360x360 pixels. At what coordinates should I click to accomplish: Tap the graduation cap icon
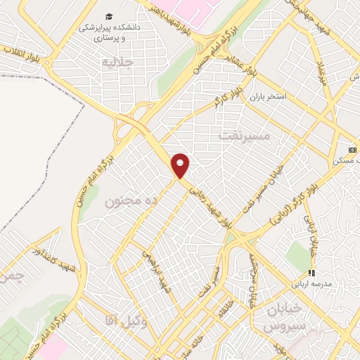pyautogui.click(x=109, y=16)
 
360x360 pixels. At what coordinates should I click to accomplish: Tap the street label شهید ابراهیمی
pyautogui.click(x=158, y=270)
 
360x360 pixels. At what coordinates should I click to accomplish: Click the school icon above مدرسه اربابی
pyautogui.click(x=311, y=273)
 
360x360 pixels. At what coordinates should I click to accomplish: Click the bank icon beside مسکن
pyautogui.click(x=352, y=150)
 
